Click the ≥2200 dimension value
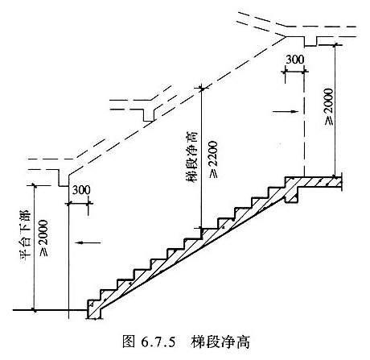coord(215,159)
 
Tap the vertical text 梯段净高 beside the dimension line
coord(193,156)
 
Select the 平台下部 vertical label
coord(27,235)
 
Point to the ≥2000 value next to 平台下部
coord(44,238)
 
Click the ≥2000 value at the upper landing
coord(329,107)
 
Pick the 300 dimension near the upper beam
coord(295,60)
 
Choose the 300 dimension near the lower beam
coord(81,190)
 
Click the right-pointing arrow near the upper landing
coord(285,111)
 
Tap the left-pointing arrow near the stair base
coord(88,242)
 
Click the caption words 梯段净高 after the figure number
coord(220,342)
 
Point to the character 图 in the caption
coord(129,342)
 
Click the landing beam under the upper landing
coord(291,195)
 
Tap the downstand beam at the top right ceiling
coord(310,41)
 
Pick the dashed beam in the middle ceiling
coord(148,115)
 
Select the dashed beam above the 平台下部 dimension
coord(64,178)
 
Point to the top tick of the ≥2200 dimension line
coord(202,89)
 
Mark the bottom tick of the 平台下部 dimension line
coord(34,310)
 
